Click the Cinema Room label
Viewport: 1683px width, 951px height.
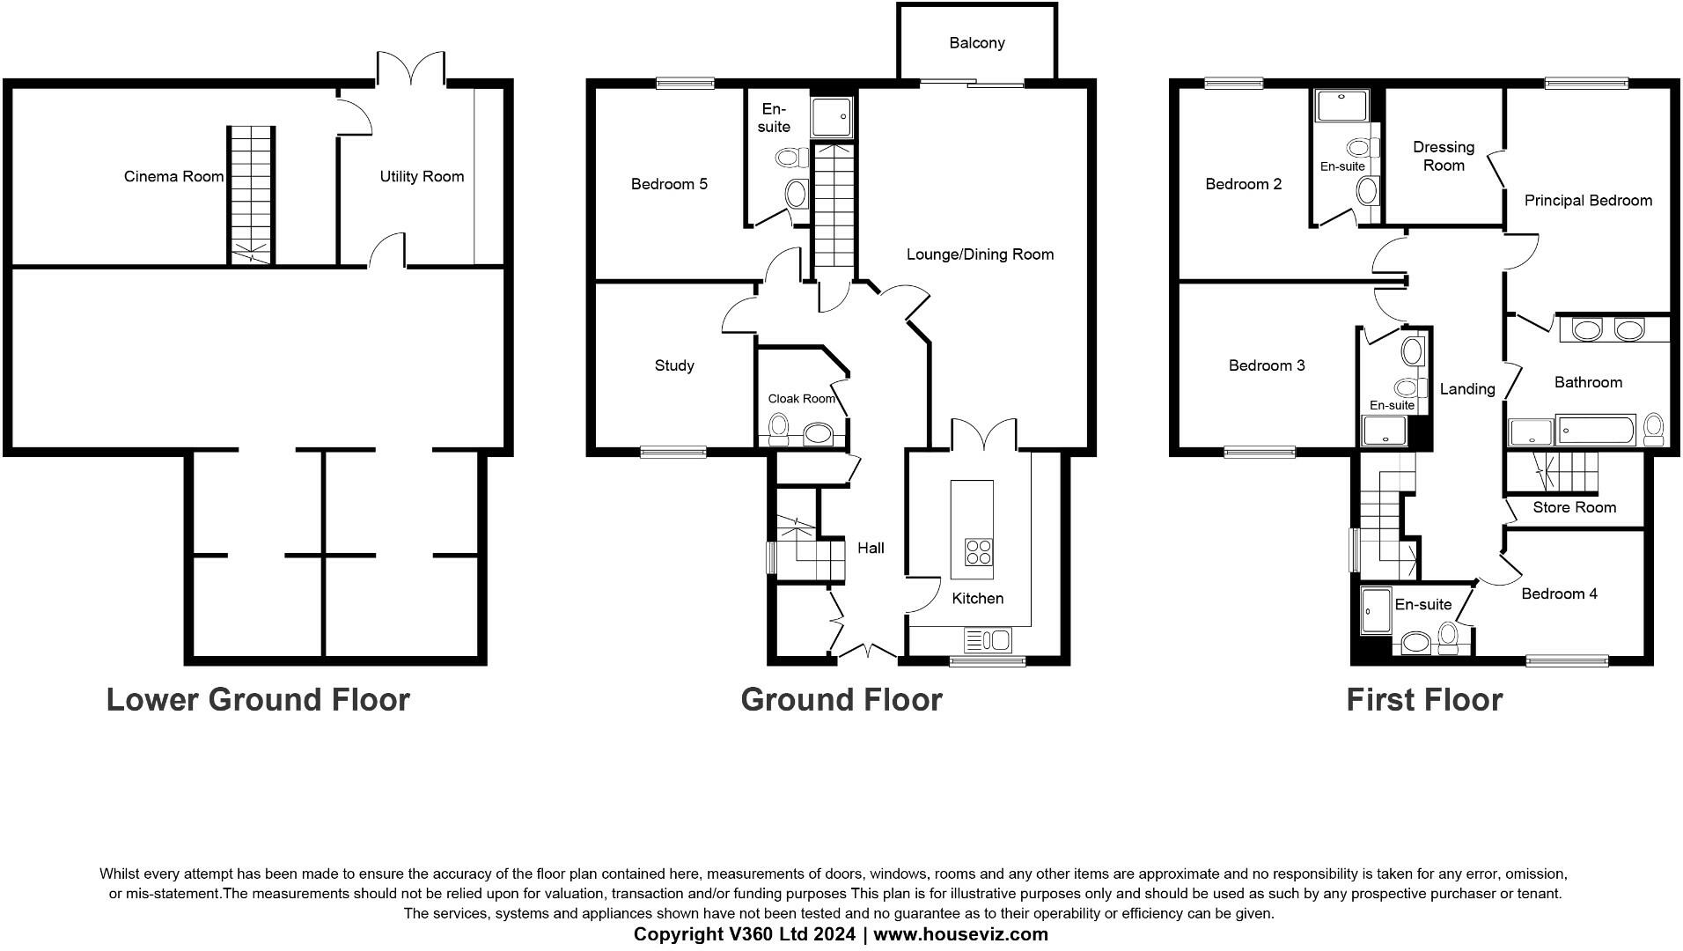click(x=173, y=176)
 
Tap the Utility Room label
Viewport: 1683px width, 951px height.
click(x=422, y=176)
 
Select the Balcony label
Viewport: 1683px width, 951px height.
click(x=977, y=43)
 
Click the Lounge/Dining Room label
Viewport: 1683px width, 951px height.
click(x=980, y=254)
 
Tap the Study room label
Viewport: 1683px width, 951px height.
click(x=674, y=365)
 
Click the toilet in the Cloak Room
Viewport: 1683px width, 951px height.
click(x=778, y=431)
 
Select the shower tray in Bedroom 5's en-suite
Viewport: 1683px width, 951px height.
click(x=832, y=116)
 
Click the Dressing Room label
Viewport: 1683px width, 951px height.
click(x=1444, y=156)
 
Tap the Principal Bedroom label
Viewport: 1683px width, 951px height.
click(x=1588, y=201)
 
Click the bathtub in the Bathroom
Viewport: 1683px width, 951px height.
click(x=1596, y=431)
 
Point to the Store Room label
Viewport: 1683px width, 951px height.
click(x=1574, y=507)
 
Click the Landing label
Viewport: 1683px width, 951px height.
click(x=1467, y=389)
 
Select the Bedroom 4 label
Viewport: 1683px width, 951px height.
click(x=1559, y=593)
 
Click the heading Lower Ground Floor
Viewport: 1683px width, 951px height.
click(x=258, y=700)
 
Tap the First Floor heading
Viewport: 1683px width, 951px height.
click(x=1424, y=700)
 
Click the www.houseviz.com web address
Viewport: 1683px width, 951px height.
click(x=960, y=934)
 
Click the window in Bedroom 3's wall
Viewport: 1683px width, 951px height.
click(x=1259, y=453)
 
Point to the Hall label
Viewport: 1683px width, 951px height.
click(x=871, y=548)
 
